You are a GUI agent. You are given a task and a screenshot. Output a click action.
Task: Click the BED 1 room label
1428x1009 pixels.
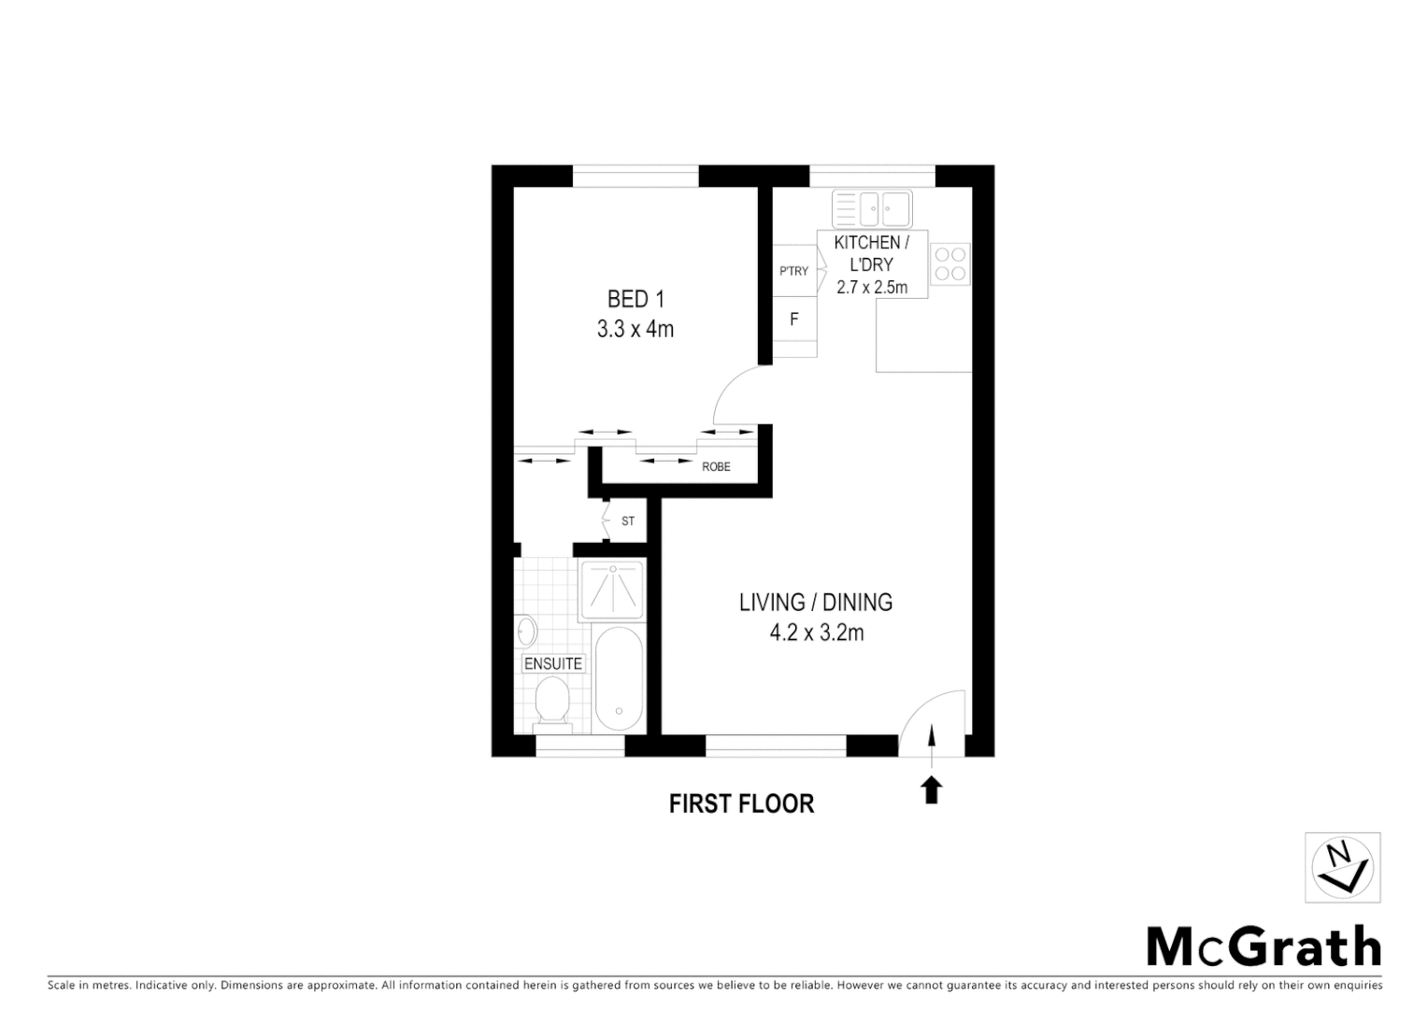click(635, 299)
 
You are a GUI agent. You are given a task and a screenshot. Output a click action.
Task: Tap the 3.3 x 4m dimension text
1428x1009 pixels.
click(635, 330)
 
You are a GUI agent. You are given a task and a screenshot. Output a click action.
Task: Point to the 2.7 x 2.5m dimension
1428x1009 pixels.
click(872, 287)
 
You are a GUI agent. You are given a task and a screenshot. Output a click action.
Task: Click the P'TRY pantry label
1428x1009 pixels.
click(793, 271)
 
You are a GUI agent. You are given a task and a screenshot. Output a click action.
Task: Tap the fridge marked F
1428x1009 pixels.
click(794, 320)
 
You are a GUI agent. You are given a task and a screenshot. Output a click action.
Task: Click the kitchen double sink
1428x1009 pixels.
click(872, 209)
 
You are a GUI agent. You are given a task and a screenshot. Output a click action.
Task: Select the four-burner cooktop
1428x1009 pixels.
click(950, 263)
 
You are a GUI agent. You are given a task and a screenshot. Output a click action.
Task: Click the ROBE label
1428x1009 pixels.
click(716, 466)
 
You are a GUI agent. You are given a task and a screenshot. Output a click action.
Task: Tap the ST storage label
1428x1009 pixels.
click(628, 520)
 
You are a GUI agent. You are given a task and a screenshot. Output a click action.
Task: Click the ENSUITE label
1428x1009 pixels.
click(553, 664)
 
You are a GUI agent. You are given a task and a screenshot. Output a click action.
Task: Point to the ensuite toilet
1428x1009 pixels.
click(552, 703)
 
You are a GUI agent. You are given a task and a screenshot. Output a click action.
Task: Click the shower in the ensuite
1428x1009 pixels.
click(612, 589)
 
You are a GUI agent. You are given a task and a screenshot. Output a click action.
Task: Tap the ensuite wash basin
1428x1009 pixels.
click(525, 631)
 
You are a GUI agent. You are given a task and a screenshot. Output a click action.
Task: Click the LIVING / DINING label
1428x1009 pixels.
click(816, 603)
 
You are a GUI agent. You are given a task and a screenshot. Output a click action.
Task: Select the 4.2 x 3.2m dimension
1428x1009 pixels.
click(816, 633)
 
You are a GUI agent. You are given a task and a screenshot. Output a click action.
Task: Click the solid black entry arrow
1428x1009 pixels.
click(932, 790)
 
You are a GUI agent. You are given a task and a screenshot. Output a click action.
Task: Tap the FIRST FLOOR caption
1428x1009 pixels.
click(741, 803)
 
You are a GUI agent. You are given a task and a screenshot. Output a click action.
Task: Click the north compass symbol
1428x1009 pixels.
click(1343, 867)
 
